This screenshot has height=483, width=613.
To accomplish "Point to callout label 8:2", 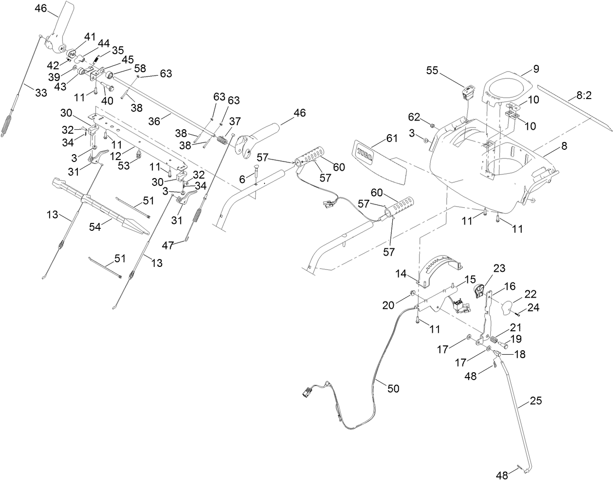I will [x=583, y=96].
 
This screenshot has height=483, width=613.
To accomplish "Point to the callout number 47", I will [x=168, y=245].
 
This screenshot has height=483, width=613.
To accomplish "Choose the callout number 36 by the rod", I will [x=154, y=122].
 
